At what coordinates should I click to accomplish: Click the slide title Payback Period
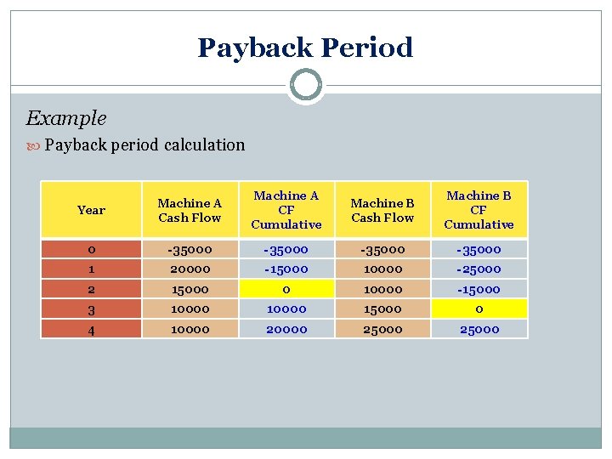click(x=305, y=47)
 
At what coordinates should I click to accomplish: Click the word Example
click(x=66, y=118)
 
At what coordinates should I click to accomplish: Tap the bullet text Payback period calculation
click(x=144, y=144)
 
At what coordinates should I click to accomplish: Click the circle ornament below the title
click(x=305, y=85)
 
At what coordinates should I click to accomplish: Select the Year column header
click(x=91, y=210)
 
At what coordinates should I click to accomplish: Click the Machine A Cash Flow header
click(x=190, y=210)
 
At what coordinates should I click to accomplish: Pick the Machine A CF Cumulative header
click(x=286, y=210)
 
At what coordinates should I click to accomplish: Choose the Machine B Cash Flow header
click(x=382, y=210)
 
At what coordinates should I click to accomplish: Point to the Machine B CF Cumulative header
click(x=479, y=210)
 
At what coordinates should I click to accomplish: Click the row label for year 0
click(x=91, y=250)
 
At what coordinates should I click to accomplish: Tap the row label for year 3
click(x=91, y=309)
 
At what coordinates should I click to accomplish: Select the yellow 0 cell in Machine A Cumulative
click(x=286, y=289)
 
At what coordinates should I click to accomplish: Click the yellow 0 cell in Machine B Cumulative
click(x=479, y=309)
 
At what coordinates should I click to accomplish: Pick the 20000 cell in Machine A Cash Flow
click(x=190, y=269)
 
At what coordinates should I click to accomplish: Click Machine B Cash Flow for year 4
click(x=382, y=329)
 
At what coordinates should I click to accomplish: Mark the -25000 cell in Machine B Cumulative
click(x=479, y=269)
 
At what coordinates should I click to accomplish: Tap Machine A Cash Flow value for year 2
click(x=190, y=289)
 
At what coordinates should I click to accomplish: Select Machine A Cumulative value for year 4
click(x=286, y=329)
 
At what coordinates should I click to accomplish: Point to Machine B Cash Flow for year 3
click(x=382, y=309)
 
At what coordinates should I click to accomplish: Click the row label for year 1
click(x=91, y=269)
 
